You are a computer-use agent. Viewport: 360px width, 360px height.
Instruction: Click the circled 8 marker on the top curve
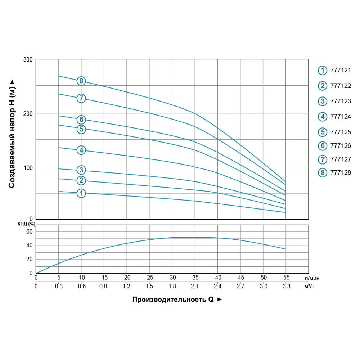pos(81,81)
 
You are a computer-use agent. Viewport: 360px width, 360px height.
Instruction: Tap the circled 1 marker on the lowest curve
pos(81,193)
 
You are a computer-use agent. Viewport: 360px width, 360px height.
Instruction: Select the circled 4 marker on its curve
pos(81,150)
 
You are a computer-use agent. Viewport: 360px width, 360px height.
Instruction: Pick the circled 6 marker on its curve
pos(81,120)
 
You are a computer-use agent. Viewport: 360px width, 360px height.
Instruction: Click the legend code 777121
pos(340,71)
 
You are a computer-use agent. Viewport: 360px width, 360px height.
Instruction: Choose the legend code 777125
pos(340,132)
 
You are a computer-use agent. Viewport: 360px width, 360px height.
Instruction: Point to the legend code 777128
pos(340,173)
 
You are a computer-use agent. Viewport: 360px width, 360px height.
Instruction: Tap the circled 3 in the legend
pos(322,101)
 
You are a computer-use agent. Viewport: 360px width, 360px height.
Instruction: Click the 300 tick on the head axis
pos(29,59)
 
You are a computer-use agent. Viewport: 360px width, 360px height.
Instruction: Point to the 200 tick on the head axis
pos(29,113)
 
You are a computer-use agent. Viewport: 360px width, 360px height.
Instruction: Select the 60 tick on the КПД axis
pos(29,231)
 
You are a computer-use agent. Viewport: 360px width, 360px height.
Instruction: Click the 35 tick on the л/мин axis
pos(195,278)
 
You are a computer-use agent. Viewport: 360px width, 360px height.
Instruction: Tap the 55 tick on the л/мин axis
pos(286,278)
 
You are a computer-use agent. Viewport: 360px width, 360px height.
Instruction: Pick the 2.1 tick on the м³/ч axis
pos(195,287)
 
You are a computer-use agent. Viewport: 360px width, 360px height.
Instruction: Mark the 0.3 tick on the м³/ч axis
pos(59,287)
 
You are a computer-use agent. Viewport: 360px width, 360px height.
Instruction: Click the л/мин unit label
pos(312,278)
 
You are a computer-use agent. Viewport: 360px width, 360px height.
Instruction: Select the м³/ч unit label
pos(311,287)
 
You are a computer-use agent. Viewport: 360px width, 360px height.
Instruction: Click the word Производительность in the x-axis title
pos(169,299)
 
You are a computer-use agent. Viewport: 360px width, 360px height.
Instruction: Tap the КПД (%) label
pos(26,224)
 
